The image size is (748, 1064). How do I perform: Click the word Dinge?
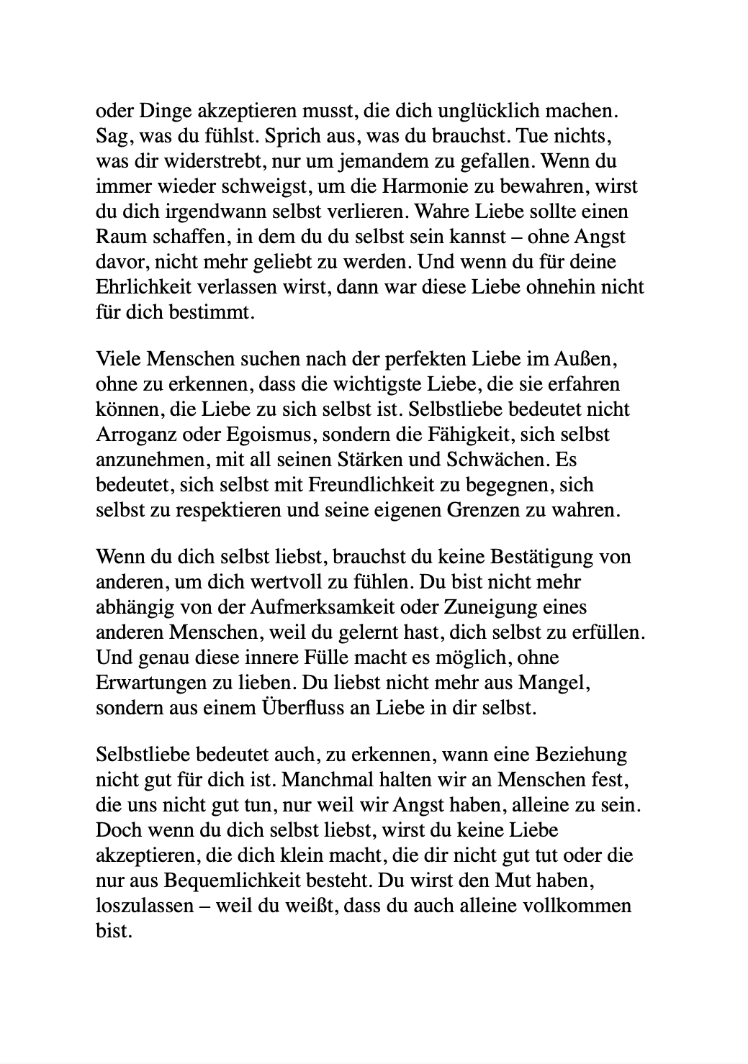[x=152, y=112]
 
